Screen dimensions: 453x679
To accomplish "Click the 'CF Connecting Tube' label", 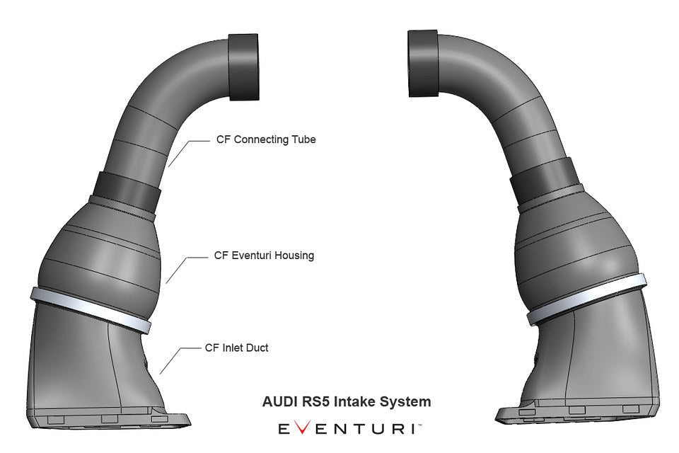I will coord(265,140).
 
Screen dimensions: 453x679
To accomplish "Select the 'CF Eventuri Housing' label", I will coord(263,256).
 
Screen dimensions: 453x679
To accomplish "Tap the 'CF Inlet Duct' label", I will coord(236,348).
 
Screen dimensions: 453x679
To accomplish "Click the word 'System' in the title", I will coord(405,402).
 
